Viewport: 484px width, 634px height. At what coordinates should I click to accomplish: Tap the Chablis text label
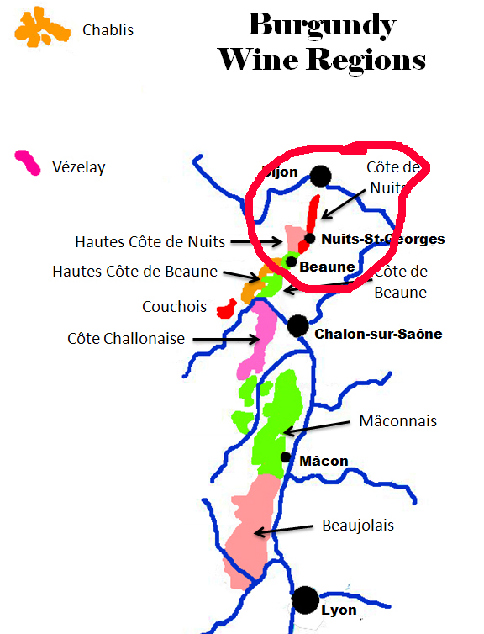click(x=108, y=30)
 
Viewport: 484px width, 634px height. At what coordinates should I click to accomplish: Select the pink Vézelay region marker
click(x=27, y=162)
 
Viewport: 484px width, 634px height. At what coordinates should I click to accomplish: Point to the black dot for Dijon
click(x=319, y=176)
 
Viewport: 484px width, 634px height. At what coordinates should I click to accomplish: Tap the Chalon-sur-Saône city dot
click(x=297, y=325)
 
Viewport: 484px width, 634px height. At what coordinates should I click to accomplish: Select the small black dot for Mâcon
click(x=287, y=457)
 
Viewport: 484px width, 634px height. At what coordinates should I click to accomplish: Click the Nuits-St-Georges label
click(x=383, y=239)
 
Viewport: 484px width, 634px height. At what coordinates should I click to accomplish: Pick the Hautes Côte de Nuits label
click(x=150, y=242)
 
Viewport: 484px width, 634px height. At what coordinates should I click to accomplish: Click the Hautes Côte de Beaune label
click(x=134, y=272)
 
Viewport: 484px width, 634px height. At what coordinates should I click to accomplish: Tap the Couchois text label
click(x=175, y=307)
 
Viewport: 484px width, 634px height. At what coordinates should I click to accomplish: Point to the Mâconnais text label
click(x=397, y=420)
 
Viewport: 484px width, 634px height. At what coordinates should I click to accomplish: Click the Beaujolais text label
click(x=358, y=526)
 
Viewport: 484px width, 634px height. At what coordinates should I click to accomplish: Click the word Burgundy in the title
click(x=322, y=26)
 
